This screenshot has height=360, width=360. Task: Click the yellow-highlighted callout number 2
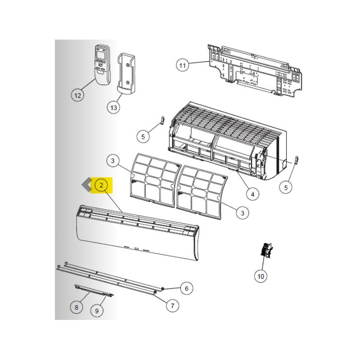tap(101, 185)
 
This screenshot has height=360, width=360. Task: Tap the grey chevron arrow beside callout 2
tap(86, 185)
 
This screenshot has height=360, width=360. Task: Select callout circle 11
tap(182, 65)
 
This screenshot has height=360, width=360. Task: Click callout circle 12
tap(77, 95)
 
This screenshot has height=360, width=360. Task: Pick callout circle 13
tap(114, 108)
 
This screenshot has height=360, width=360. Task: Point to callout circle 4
tap(252, 194)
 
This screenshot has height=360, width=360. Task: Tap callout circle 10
tap(261, 276)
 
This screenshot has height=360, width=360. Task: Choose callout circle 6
tap(186, 288)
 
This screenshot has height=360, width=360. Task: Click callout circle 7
tap(172, 306)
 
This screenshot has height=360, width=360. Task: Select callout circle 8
tap(76, 307)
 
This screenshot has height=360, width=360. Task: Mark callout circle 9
tap(97, 310)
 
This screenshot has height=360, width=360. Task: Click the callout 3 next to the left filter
tap(113, 161)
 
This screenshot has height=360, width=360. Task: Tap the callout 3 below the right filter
tap(243, 213)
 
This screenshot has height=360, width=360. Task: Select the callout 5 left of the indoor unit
tap(143, 137)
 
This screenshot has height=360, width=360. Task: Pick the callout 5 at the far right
tap(286, 188)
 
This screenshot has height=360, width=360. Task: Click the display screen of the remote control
tap(100, 54)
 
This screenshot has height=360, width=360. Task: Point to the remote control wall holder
tap(126, 74)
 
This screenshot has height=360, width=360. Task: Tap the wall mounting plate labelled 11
tap(255, 71)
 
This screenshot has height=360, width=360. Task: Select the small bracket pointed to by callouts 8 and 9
tap(94, 291)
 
